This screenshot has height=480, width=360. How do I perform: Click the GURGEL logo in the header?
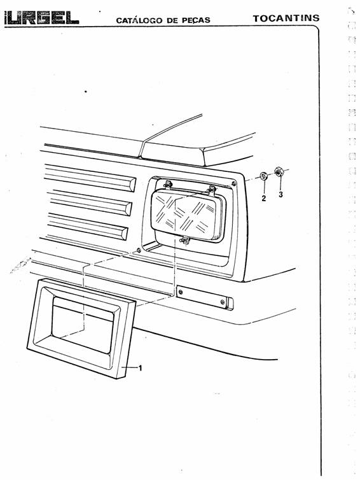pos(41,18)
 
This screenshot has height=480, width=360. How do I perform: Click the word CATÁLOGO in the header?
pos(139,20)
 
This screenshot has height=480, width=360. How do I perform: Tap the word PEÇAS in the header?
pos(196,20)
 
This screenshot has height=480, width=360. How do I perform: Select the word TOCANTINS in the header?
pos(286,18)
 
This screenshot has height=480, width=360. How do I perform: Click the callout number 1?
pos(140,368)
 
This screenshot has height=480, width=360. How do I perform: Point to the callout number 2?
pos(264,198)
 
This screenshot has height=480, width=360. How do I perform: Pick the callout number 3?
pos(280,194)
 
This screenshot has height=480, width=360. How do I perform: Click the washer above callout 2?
pos(263,176)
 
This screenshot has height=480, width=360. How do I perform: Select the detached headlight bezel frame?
pos(81,328)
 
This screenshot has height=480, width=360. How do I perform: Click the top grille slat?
pos(90,178)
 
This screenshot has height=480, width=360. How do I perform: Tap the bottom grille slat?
pos(88,226)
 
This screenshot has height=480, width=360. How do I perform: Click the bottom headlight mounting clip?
pos(184,241)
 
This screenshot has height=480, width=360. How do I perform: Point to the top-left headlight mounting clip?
pos(168,185)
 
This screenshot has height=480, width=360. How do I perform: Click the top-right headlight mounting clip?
pos(212,190)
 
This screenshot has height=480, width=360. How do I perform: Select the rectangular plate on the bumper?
pos(205,297)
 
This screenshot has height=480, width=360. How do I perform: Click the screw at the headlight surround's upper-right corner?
pos(234,183)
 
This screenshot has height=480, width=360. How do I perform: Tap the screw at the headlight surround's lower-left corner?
pos(139,250)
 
